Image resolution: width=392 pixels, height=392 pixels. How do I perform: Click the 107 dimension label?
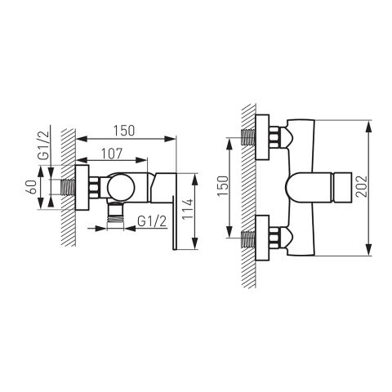click(112, 154)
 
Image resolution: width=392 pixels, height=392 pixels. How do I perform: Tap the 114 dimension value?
click(188, 209)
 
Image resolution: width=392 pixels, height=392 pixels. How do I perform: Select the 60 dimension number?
click(33, 187)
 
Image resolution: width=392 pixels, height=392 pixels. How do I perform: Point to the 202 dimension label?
click(362, 186)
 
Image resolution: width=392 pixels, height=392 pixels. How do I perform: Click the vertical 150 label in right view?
click(223, 185)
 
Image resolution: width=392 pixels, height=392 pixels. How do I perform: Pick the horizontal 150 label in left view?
click(124, 131)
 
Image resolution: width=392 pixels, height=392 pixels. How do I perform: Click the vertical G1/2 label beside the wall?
click(43, 145)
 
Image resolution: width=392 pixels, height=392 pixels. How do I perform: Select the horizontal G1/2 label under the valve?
click(152, 221)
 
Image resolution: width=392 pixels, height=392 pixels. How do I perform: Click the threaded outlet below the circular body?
click(115, 213)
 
